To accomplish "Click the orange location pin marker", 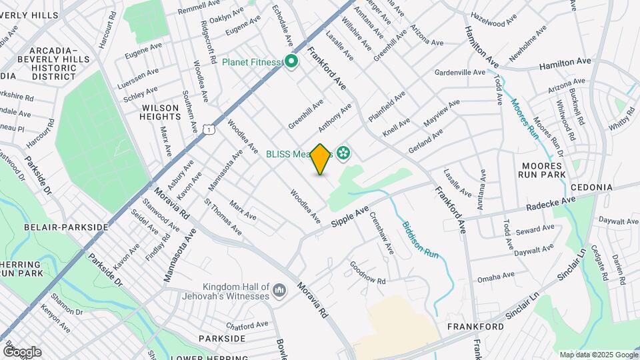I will [321, 159].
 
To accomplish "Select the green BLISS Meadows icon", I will [343, 154].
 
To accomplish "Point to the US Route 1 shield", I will [210, 129].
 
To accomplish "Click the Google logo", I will [22, 352].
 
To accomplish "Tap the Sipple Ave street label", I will [350, 218].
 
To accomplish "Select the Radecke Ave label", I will [550, 203].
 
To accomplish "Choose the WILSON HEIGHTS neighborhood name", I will [160, 112].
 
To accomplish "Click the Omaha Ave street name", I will [495, 276].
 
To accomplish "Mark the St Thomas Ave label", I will [223, 216].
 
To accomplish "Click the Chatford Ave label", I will [247, 326].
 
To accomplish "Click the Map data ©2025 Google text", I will [598, 355].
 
